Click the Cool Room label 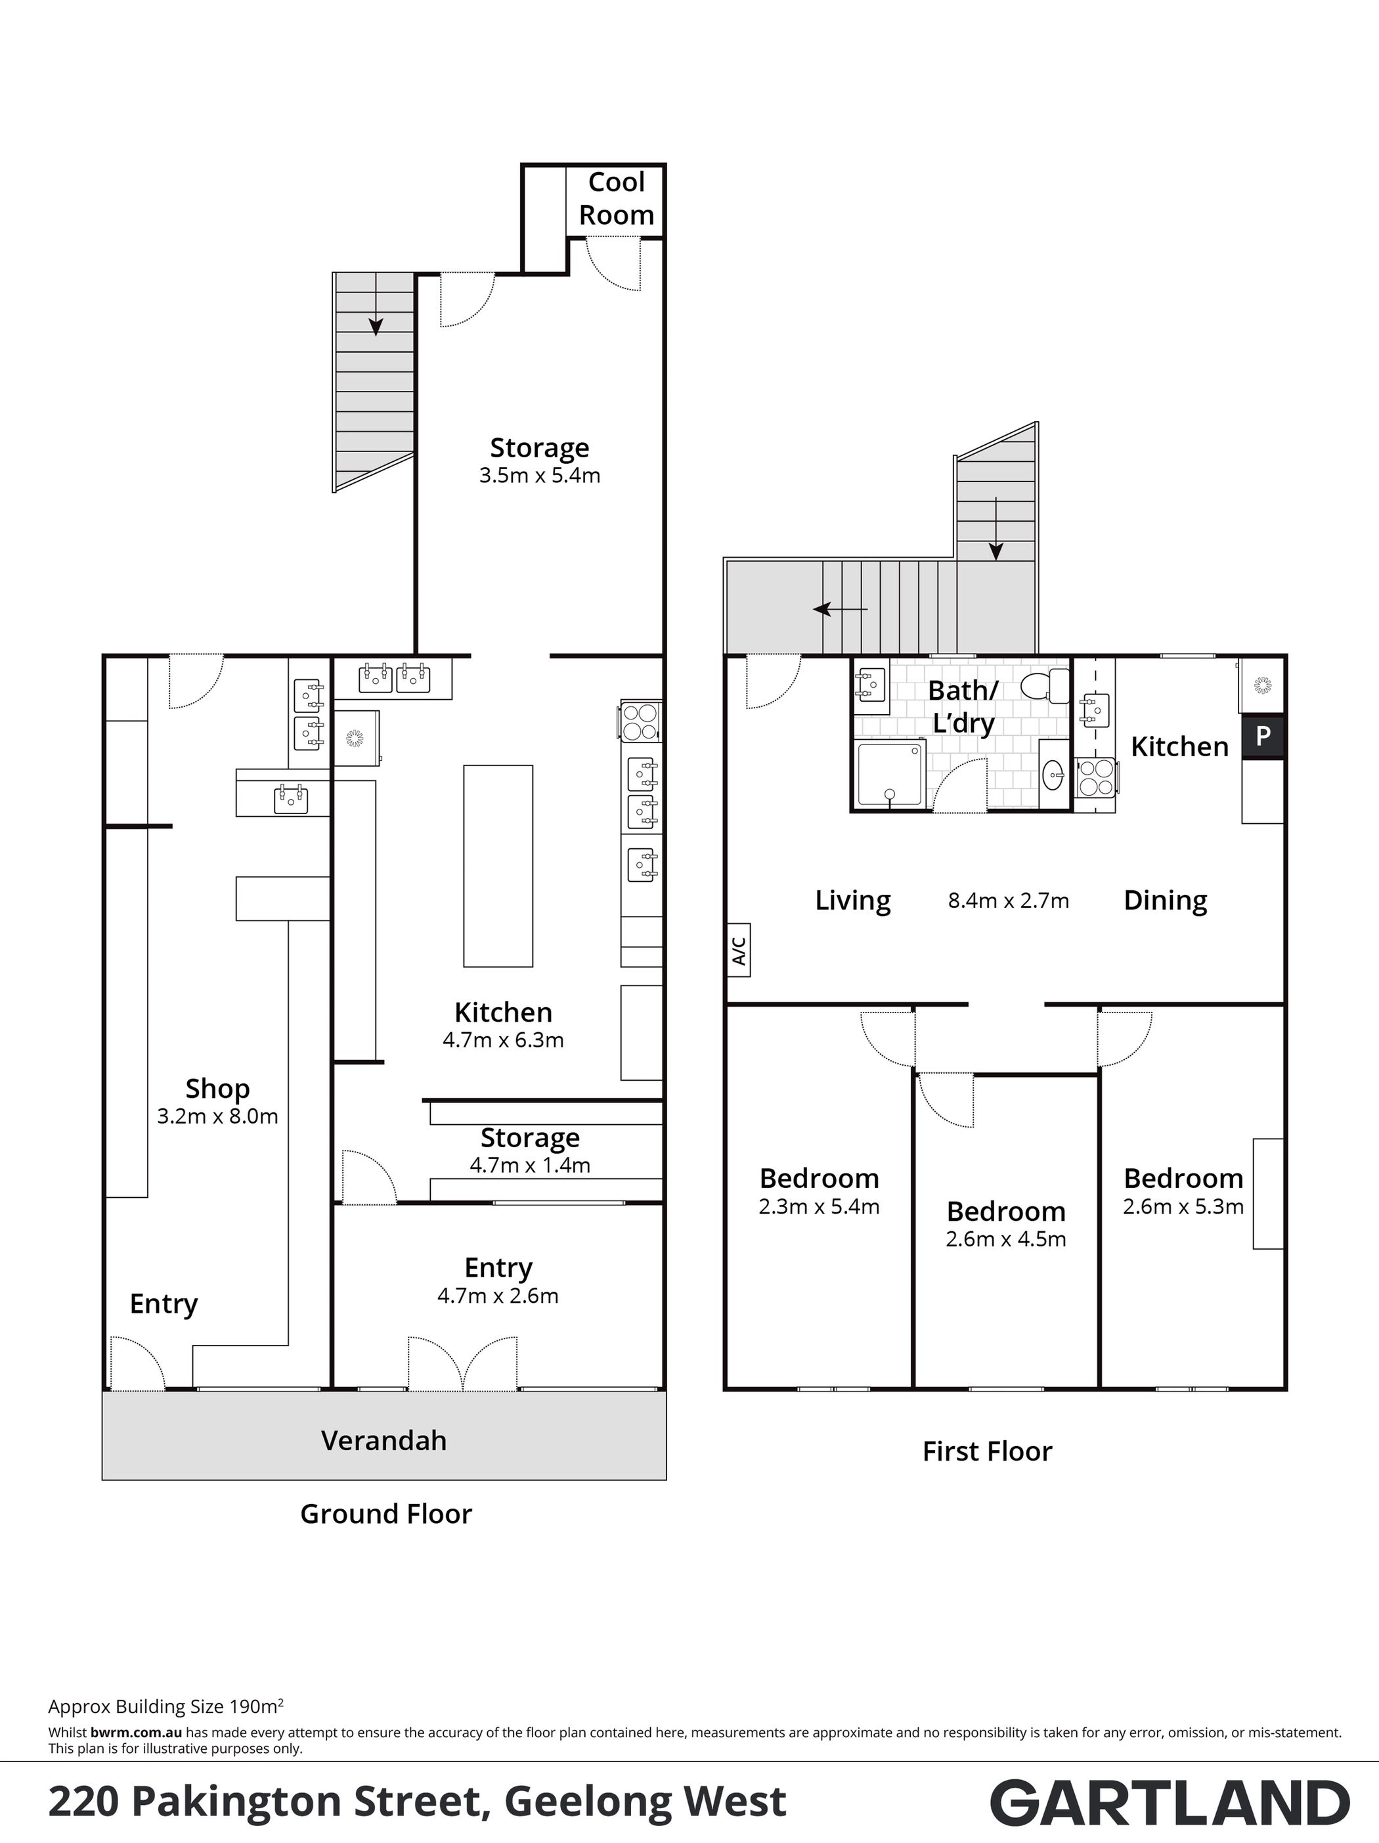pos(616,198)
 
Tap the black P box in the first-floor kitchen pos(1262,737)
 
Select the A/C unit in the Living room pos(739,949)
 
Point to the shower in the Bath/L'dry pos(891,775)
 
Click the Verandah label pos(384,1441)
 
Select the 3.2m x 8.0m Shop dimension pos(217,1116)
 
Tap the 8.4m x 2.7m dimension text pos(1009,901)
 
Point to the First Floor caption pos(987,1451)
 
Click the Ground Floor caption pos(385,1514)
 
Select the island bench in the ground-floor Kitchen pos(498,866)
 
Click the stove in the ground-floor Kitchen pos(640,722)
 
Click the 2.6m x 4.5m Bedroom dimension pos(1006,1239)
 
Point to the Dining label pos(1165,901)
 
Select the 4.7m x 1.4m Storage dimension pos(530,1165)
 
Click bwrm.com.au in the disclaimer pos(137,1732)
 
